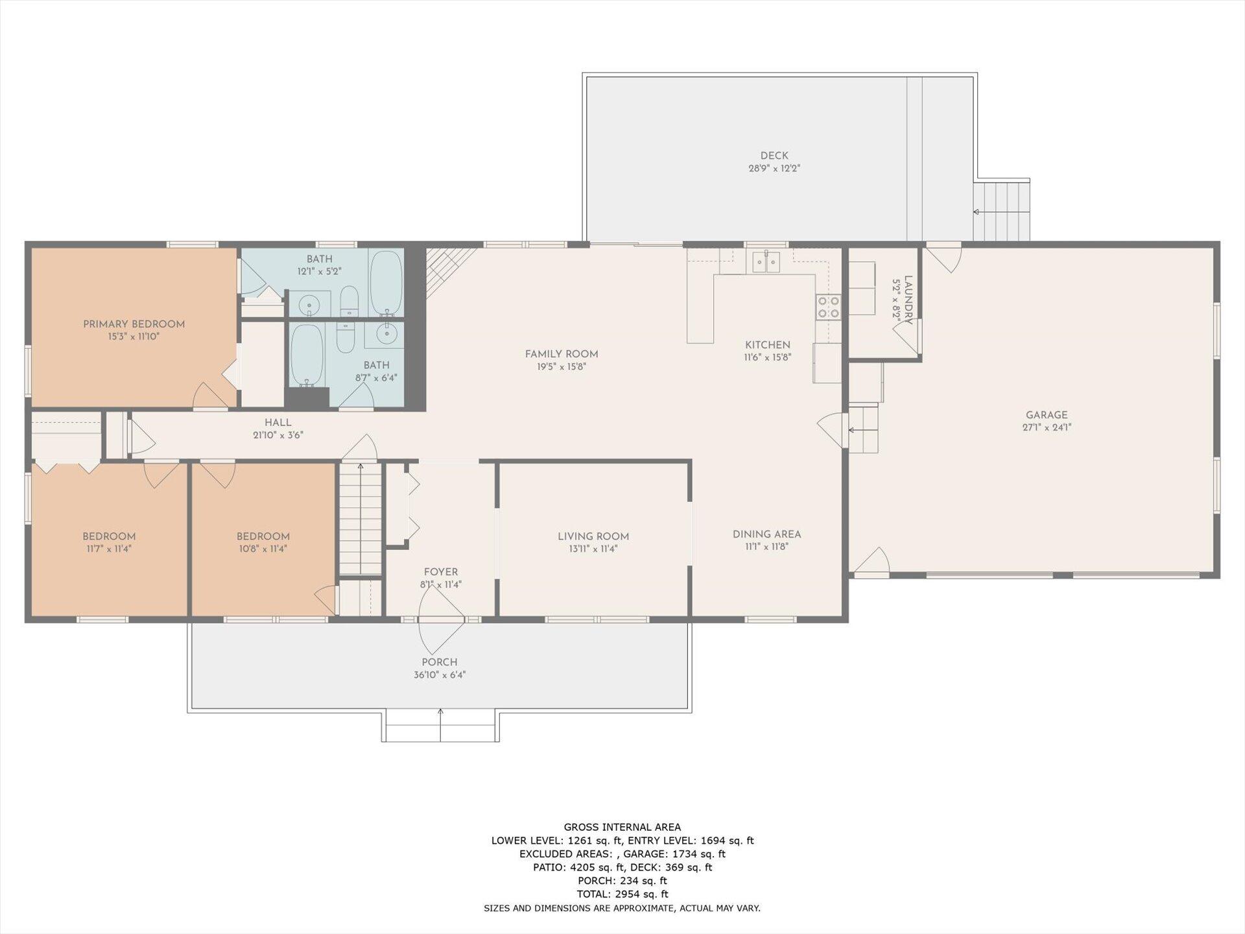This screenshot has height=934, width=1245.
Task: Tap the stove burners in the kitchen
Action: [828, 307]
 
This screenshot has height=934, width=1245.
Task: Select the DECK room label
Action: [774, 156]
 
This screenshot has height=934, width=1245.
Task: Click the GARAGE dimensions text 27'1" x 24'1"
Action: [1047, 427]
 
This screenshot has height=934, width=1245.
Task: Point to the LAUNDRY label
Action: [908, 300]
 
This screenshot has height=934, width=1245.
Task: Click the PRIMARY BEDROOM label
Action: [134, 324]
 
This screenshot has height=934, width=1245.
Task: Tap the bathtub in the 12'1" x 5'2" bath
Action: [386, 283]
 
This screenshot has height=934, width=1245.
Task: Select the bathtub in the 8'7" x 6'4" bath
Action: [307, 355]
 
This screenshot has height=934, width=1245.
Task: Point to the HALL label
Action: [278, 423]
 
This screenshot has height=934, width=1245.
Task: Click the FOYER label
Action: [441, 572]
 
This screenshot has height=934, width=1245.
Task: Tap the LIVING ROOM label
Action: [593, 536]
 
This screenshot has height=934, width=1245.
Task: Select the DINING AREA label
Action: [766, 534]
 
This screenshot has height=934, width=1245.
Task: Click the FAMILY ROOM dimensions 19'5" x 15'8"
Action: [562, 366]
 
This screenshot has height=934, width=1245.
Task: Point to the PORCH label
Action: [440, 662]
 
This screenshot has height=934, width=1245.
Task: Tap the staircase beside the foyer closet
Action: [360, 518]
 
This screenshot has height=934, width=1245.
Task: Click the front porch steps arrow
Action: [440, 724]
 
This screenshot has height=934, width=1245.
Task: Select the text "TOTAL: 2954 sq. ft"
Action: [622, 894]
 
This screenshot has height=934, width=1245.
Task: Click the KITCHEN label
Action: [768, 345]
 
